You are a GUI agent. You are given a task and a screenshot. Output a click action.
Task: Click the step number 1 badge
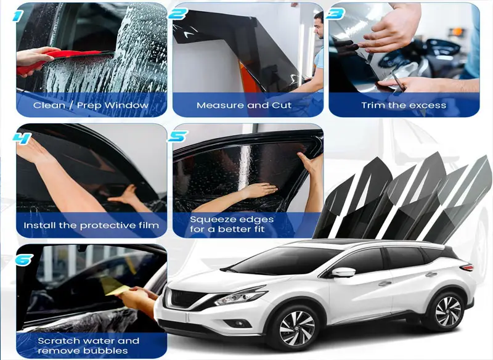click(x=18, y=16)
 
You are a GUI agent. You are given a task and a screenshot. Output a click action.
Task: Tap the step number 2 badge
click(x=178, y=14)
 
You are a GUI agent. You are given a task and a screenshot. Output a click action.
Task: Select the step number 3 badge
click(x=335, y=14)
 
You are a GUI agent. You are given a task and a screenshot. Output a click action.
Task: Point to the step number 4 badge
click(x=22, y=138)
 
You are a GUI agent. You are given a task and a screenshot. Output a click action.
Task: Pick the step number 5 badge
click(x=178, y=136)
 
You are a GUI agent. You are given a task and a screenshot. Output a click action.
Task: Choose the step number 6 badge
click(x=24, y=260)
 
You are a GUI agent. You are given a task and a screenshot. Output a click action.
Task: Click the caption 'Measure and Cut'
click(x=244, y=105)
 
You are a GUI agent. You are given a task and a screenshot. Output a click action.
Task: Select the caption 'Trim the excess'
click(x=404, y=105)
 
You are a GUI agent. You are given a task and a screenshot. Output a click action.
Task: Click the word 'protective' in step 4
click(x=108, y=226)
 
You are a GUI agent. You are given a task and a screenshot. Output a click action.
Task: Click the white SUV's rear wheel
click(x=448, y=311)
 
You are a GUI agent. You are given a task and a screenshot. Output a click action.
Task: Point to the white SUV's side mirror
click(x=343, y=272)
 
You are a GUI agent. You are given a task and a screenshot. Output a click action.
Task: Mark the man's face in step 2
click(x=319, y=26)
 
